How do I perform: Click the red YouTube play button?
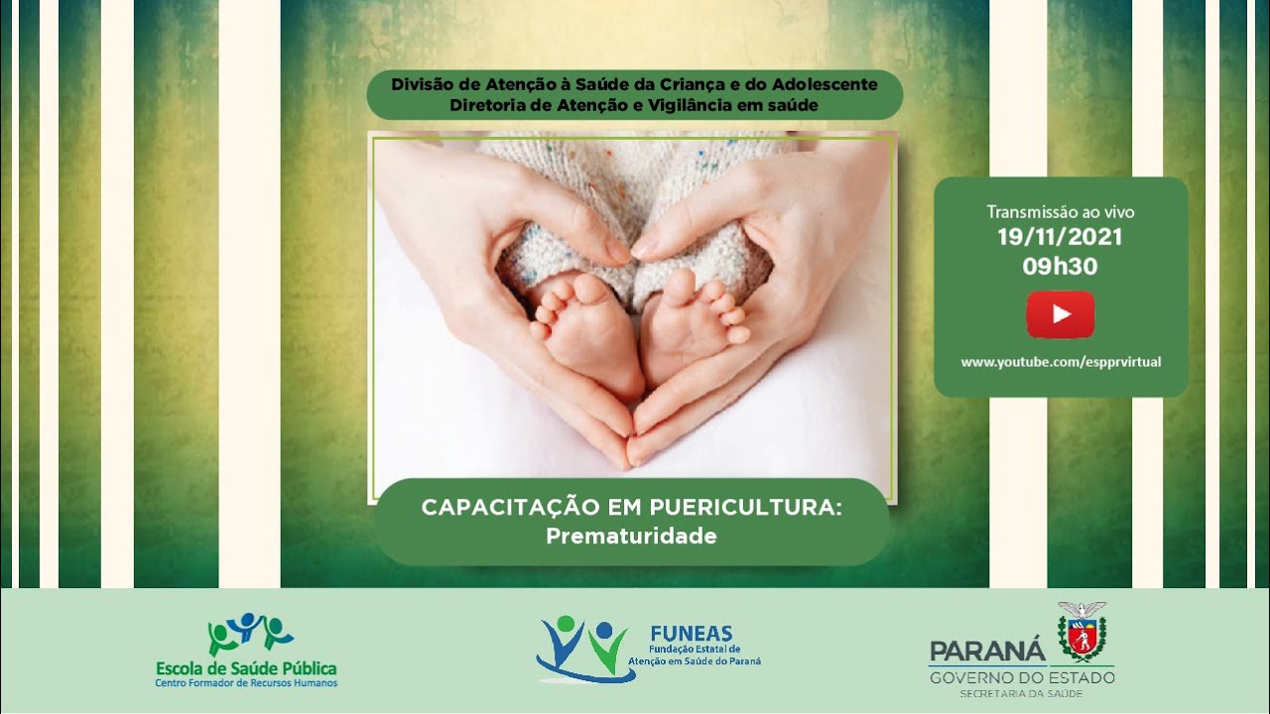pos(1061,314)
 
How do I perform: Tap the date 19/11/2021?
pos(1060,237)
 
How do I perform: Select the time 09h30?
pos(1060,267)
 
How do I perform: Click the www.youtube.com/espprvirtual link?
pos(1061,362)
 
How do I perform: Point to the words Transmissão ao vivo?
pos(1061,212)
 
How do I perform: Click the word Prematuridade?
pos(631,536)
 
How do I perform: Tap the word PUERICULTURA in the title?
pos(745,508)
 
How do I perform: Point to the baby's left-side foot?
pos(585,335)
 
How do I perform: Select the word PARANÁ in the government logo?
pos(987,652)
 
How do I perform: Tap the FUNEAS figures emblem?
pos(585,649)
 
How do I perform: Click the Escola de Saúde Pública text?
pos(246,668)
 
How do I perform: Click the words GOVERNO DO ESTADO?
pos(1022,677)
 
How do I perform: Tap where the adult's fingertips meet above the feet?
pos(632,251)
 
